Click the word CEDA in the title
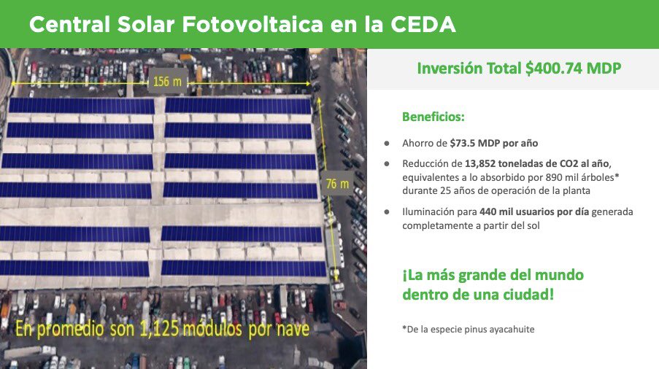click(423, 24)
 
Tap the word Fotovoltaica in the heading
click(253, 24)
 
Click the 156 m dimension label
click(167, 81)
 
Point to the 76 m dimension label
click(337, 184)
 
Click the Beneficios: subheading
click(433, 117)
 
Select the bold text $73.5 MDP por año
click(494, 143)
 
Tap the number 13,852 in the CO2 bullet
click(480, 163)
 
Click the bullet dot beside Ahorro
click(387, 144)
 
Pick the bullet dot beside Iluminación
click(387, 212)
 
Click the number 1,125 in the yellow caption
click(160, 329)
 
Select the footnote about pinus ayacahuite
click(469, 329)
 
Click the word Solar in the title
click(145, 24)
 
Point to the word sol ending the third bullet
click(533, 225)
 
